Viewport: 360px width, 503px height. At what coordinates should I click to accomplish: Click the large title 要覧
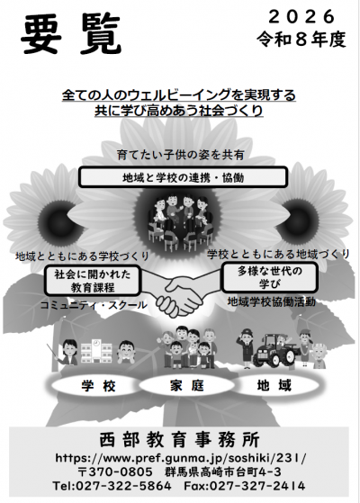tap(71, 35)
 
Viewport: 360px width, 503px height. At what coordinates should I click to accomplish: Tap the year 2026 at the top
tap(301, 17)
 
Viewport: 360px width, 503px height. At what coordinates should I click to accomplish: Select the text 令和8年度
tap(301, 40)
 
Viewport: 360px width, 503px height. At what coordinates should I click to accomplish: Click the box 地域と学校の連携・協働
tap(183, 177)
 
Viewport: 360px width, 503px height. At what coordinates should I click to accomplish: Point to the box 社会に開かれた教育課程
tap(93, 281)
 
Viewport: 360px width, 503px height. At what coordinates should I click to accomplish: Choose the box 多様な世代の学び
tap(269, 277)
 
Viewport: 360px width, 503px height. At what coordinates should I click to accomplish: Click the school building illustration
tap(96, 352)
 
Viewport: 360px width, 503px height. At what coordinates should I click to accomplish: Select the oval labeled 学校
tap(98, 386)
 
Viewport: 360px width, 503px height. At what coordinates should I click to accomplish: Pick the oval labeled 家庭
tap(187, 386)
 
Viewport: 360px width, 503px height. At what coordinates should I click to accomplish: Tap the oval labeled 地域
tap(274, 385)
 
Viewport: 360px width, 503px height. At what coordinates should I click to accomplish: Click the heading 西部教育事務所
tap(179, 439)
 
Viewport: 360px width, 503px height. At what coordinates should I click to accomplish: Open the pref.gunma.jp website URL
tap(181, 458)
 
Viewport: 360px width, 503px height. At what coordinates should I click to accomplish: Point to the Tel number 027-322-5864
tap(112, 486)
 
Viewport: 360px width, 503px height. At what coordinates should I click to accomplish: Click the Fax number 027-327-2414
tap(245, 486)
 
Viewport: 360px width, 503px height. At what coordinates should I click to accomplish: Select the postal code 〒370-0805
tap(115, 472)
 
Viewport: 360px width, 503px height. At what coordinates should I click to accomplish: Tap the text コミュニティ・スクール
tap(94, 305)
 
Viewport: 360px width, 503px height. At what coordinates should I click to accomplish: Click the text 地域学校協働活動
tap(272, 301)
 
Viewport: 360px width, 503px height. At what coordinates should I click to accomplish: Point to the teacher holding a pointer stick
tap(66, 352)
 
